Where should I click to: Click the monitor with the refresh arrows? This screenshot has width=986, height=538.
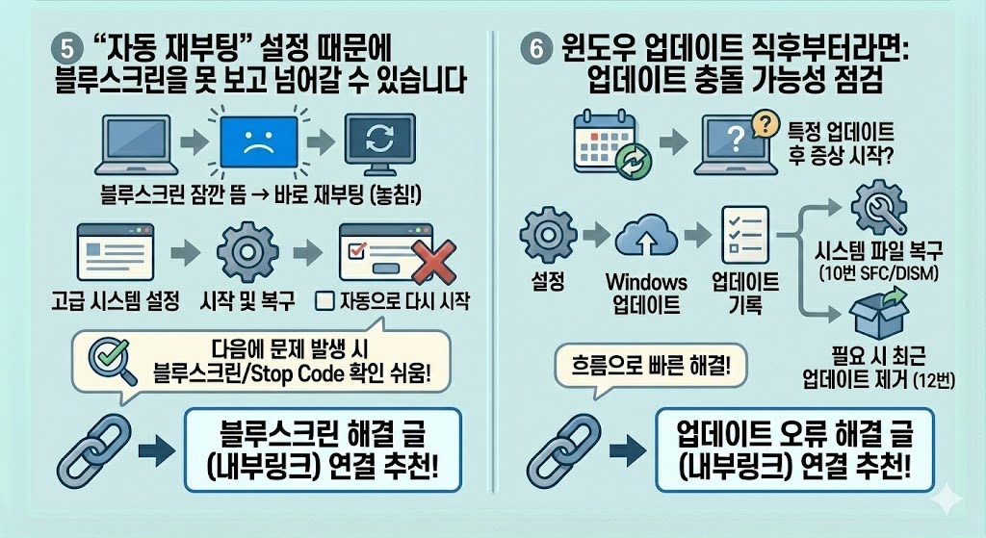click(379, 142)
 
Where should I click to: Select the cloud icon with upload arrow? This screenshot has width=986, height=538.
click(648, 238)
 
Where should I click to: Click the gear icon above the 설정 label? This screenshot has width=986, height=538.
click(547, 237)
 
